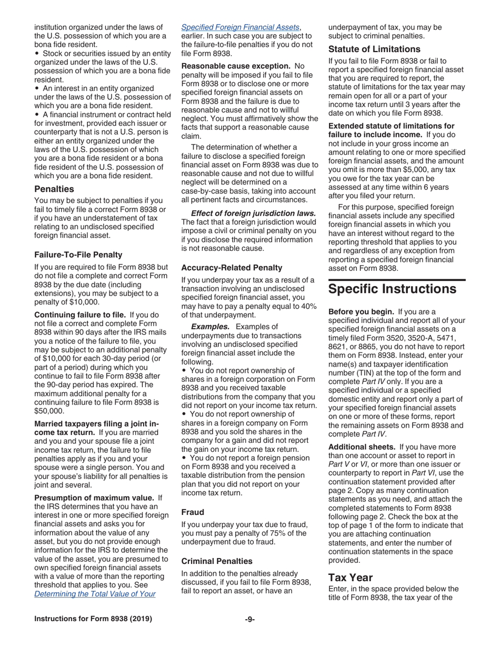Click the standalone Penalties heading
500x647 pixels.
54,189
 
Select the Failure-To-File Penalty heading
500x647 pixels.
78,255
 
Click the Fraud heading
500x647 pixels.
193,512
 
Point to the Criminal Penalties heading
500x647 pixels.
217,561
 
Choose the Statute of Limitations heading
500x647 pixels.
374,49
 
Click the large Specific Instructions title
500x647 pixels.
392,289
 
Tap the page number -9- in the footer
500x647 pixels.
249,619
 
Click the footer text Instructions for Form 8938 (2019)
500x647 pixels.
93,619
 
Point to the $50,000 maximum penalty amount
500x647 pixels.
49,411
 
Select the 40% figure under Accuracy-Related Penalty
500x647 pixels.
307,306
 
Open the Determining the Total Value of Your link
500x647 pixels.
95,594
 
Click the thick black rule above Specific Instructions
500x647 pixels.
397,280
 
